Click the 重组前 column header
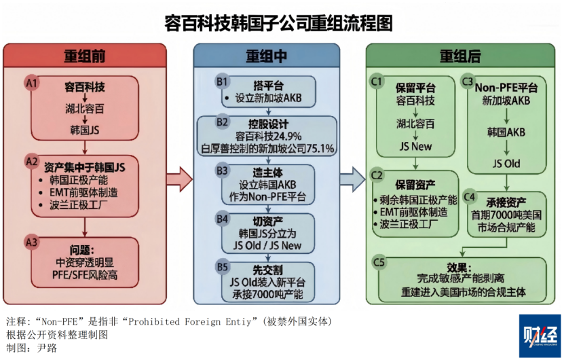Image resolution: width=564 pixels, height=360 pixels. pos(85,56)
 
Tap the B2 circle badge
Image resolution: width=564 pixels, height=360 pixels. pos(222,123)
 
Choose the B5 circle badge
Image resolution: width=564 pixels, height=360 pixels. pos(222,266)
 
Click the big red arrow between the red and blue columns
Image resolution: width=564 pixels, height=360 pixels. pos(178,179)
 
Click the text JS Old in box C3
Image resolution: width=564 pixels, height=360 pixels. pos(506,164)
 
